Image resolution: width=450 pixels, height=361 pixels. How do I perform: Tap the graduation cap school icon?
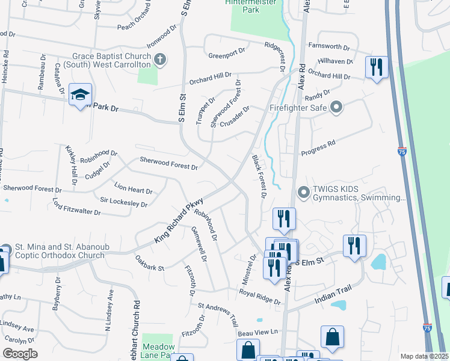80,95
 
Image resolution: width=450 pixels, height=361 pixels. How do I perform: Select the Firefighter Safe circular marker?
336,108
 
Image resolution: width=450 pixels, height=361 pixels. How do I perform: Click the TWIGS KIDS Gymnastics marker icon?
304,193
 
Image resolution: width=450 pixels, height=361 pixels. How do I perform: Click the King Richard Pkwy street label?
179,221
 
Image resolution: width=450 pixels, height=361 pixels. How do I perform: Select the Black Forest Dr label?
259,176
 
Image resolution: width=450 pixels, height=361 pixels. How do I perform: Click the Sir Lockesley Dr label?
123,203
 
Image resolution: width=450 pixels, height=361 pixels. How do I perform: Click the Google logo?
20,354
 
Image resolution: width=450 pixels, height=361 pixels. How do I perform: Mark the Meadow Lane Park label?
159,351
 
